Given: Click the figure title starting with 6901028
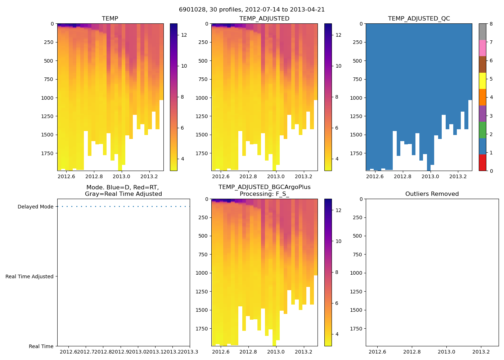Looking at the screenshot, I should coord(252,10).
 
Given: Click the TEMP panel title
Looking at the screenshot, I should coord(110,19).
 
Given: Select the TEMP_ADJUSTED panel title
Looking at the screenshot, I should coord(264,19).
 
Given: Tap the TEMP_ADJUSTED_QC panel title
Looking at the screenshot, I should coord(419,19).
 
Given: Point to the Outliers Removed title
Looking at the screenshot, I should coord(432,194).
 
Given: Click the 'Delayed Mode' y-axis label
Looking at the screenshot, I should coord(35,207).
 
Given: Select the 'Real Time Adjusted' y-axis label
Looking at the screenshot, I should coord(29,276).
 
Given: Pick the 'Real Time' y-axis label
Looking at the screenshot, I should coord(41,346).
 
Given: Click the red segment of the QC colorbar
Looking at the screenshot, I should coord(482,163).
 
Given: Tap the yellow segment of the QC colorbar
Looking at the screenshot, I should coord(482,81).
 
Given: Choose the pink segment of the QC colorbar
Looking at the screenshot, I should coord(482,48).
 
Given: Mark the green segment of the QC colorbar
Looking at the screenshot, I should coord(482,130).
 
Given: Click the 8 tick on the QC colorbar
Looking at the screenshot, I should coord(491,24).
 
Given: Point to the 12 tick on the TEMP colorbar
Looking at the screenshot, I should coord(184,35).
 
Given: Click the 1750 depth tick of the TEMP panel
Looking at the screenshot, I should coord(47,153).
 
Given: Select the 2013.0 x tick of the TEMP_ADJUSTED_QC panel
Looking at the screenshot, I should coord(430,176).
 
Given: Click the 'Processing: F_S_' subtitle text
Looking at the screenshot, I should coord(264,194).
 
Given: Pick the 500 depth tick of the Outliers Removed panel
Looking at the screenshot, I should coord(358,236).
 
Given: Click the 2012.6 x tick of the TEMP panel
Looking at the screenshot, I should coord(66,176).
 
